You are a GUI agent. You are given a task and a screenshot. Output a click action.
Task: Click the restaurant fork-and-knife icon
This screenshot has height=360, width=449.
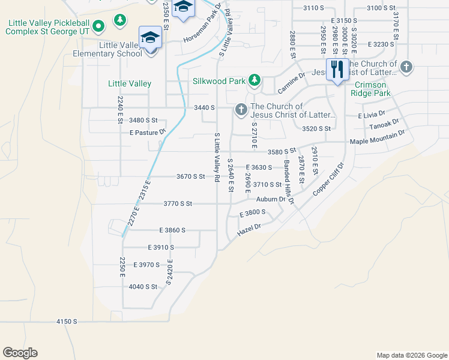(337, 69)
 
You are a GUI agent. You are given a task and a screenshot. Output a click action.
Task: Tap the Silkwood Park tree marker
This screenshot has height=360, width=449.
(255, 80)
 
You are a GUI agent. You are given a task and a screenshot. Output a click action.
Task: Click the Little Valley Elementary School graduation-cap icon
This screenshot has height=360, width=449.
(149, 38)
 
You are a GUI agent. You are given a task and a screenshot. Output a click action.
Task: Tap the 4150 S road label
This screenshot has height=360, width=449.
(67, 322)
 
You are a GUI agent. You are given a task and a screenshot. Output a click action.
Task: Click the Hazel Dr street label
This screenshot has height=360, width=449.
(250, 229)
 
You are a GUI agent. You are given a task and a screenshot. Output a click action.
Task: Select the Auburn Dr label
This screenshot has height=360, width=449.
(271, 199)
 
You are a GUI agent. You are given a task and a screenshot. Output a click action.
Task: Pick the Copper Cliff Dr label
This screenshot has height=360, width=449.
(328, 179)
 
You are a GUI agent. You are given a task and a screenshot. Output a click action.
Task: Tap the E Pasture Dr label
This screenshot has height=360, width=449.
(139, 132)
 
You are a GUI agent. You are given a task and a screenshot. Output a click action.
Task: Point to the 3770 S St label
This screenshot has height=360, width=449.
(178, 204)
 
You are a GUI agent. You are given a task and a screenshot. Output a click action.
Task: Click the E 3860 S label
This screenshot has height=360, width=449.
(172, 230)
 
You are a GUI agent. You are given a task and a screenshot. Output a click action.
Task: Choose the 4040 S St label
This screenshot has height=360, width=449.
(143, 287)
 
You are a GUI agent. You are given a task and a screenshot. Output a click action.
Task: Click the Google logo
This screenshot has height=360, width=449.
(20, 353)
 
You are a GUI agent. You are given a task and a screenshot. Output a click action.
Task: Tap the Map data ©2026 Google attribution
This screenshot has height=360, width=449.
(411, 355)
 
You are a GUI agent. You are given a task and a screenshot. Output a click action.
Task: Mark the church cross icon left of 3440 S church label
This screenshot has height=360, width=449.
(241, 109)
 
